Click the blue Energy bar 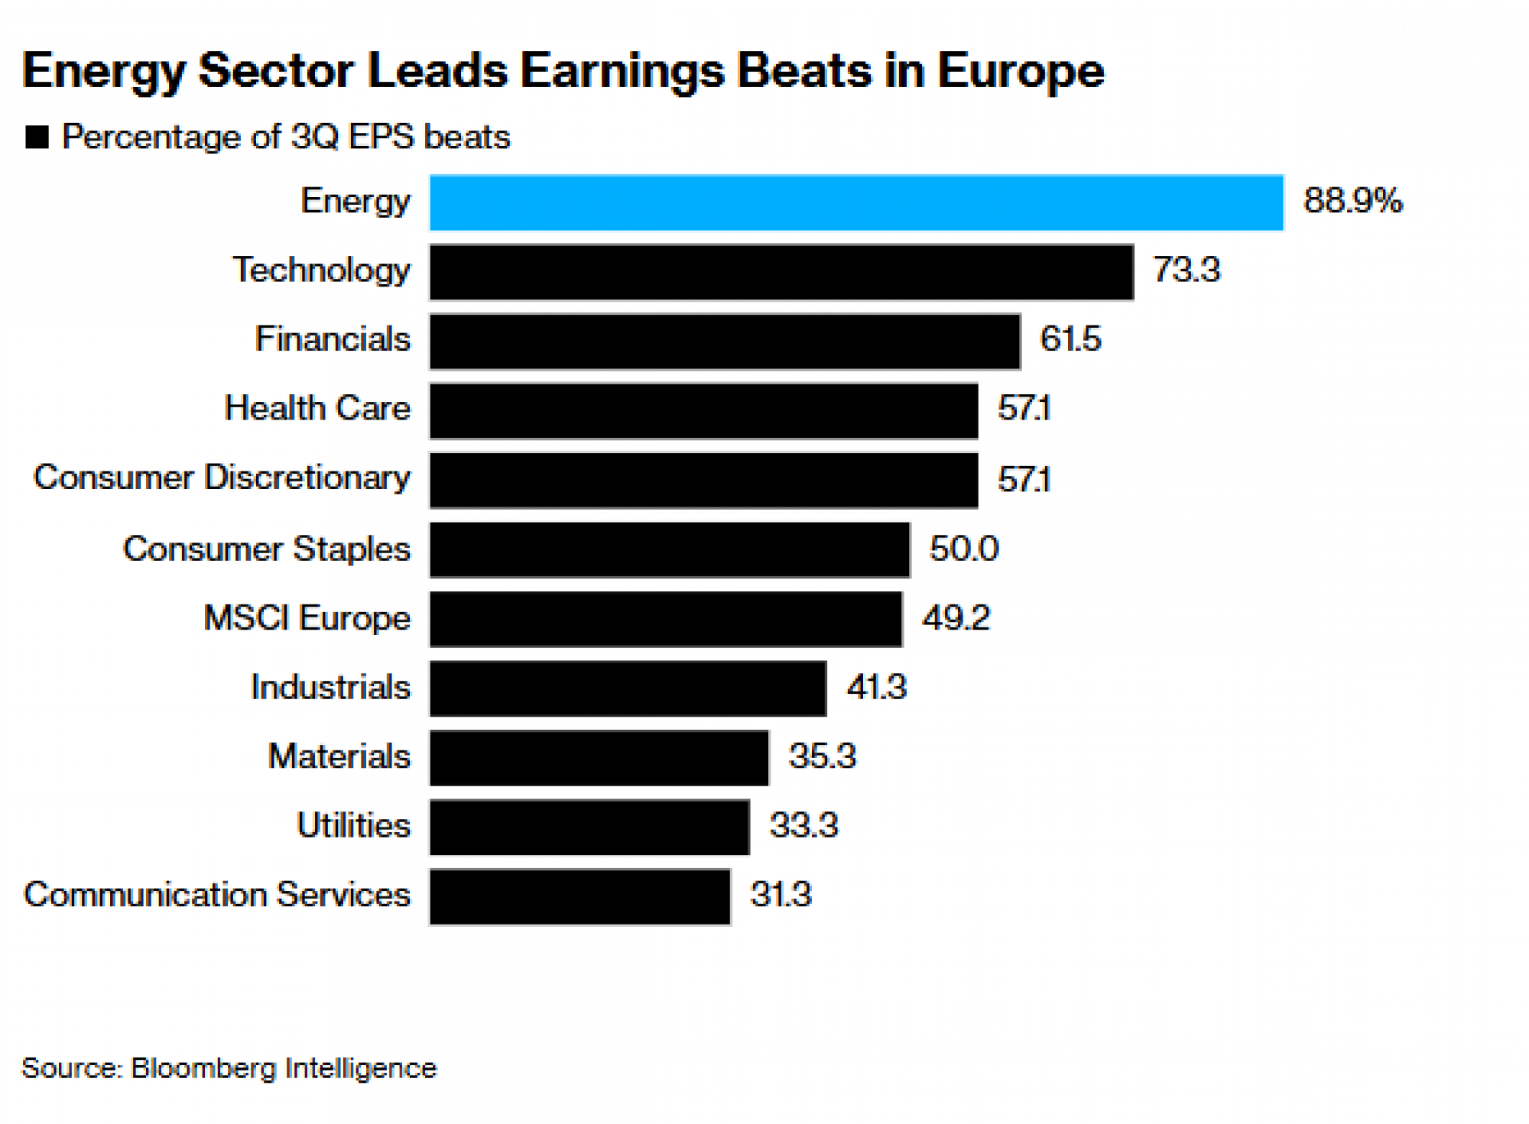click(856, 202)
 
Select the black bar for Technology click(781, 272)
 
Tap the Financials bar click(725, 342)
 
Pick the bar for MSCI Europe click(666, 619)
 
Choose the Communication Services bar click(580, 896)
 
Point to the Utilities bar click(589, 828)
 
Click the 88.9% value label click(1352, 201)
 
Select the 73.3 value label click(1187, 270)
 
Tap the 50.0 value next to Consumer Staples click(963, 549)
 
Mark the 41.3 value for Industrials click(876, 688)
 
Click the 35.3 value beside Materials click(822, 756)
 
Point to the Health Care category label click(317, 408)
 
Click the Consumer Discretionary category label click(222, 478)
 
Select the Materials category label click(339, 756)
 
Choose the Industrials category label click(330, 688)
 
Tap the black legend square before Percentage click(37, 138)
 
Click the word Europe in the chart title click(1021, 71)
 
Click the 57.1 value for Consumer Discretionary click(1024, 480)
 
